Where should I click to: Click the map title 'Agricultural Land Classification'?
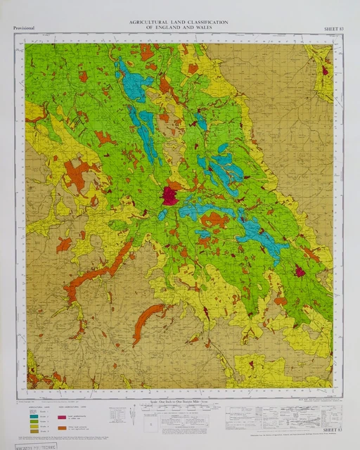click(x=179, y=22)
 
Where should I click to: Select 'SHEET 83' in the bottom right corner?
click(x=330, y=428)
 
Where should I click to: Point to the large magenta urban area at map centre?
click(x=169, y=195)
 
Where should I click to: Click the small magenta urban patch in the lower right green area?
click(x=300, y=271)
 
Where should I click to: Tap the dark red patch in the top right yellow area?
click(x=325, y=70)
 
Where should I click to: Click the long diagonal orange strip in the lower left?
click(x=98, y=271)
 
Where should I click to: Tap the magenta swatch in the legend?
click(x=71, y=417)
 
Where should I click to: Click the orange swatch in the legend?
click(x=71, y=427)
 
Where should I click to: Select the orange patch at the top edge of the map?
click(x=146, y=51)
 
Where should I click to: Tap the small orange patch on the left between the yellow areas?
click(x=64, y=244)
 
